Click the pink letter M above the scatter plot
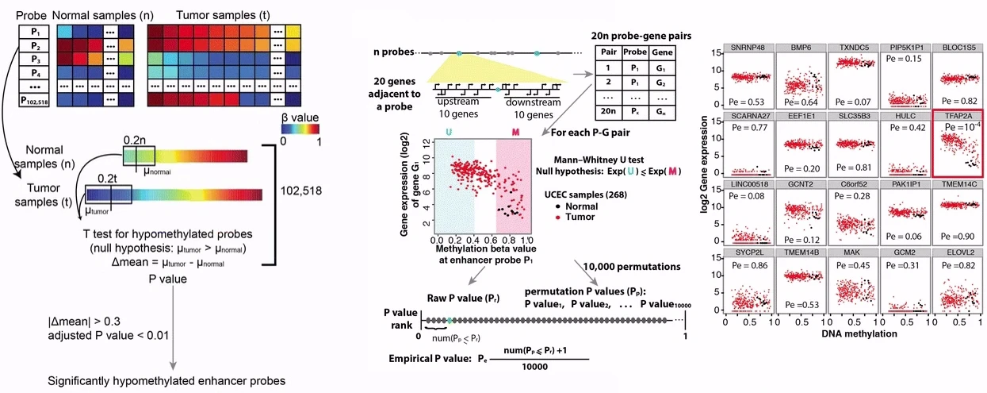517,130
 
